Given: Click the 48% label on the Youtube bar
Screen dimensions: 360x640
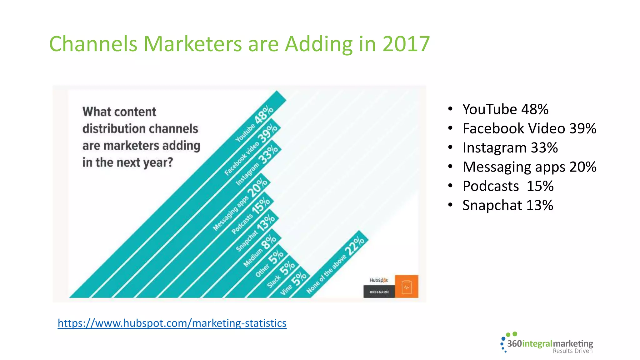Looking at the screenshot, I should click(264, 115).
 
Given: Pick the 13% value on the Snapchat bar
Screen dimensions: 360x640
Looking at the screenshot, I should click(266, 223).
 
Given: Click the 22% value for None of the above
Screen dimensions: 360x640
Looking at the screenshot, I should click(354, 246).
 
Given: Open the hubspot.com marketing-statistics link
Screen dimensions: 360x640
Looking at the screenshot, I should click(172, 323).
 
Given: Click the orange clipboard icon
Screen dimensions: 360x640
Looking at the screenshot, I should click(406, 287).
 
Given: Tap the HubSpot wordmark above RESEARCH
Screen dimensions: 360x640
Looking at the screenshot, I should click(379, 280).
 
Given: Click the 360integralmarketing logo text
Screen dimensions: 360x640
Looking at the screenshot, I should click(550, 344).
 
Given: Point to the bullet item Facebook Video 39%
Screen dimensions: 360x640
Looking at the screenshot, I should click(529, 128).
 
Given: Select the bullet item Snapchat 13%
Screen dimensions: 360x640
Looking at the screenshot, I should click(507, 205).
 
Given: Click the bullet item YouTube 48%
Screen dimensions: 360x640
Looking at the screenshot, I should click(505, 109).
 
